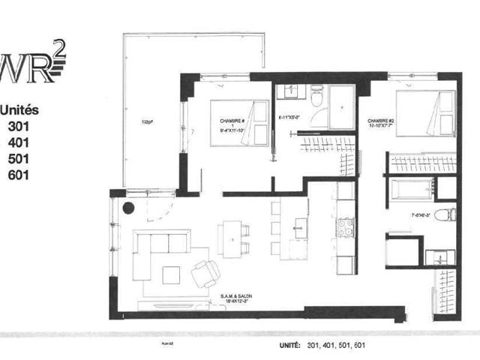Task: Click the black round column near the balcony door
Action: point(128,209)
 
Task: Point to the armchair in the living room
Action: point(204,274)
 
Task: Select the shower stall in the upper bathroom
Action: point(342,106)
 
